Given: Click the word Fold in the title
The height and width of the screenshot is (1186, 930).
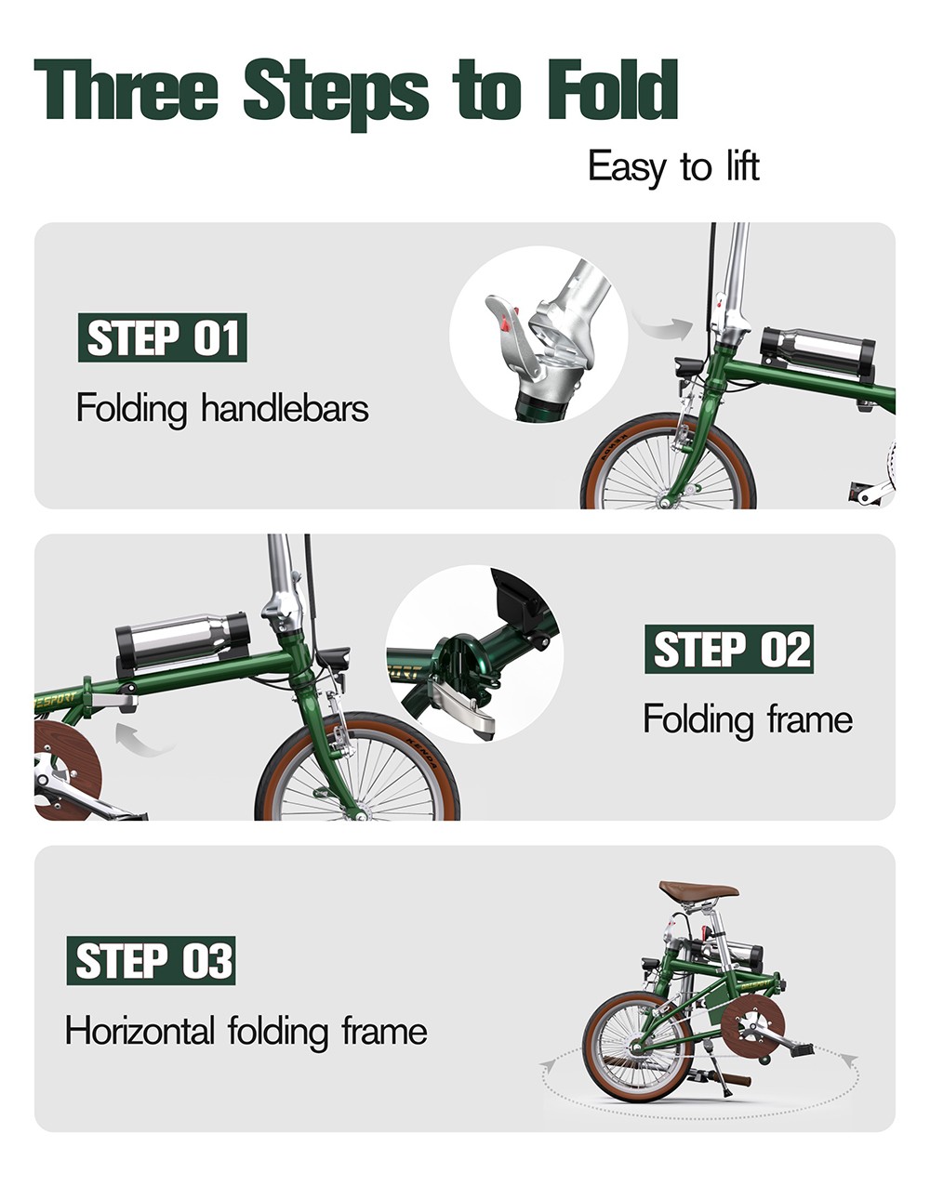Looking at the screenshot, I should tap(612, 91).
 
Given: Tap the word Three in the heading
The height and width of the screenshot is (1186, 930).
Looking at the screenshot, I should tap(126, 91).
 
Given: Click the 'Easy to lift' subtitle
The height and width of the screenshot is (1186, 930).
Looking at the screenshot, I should tap(673, 167).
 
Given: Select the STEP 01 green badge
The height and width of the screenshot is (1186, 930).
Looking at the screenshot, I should tap(162, 337).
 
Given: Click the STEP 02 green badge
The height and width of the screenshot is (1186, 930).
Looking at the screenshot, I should tap(728, 649).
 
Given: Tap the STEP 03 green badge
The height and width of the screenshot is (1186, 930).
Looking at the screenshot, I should tap(151, 961).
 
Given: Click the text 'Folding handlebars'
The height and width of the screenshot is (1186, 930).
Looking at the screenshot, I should tap(222, 408).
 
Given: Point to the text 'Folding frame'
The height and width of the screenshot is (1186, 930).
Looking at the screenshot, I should tap(747, 719).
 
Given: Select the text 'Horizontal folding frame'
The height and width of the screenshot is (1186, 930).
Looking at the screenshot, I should tap(246, 1031).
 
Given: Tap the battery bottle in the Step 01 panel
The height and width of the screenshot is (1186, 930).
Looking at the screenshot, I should tap(817, 349).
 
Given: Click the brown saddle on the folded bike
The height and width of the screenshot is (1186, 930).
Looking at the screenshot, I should tap(698, 891).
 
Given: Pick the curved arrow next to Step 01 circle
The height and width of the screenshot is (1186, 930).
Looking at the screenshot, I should tap(662, 325).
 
